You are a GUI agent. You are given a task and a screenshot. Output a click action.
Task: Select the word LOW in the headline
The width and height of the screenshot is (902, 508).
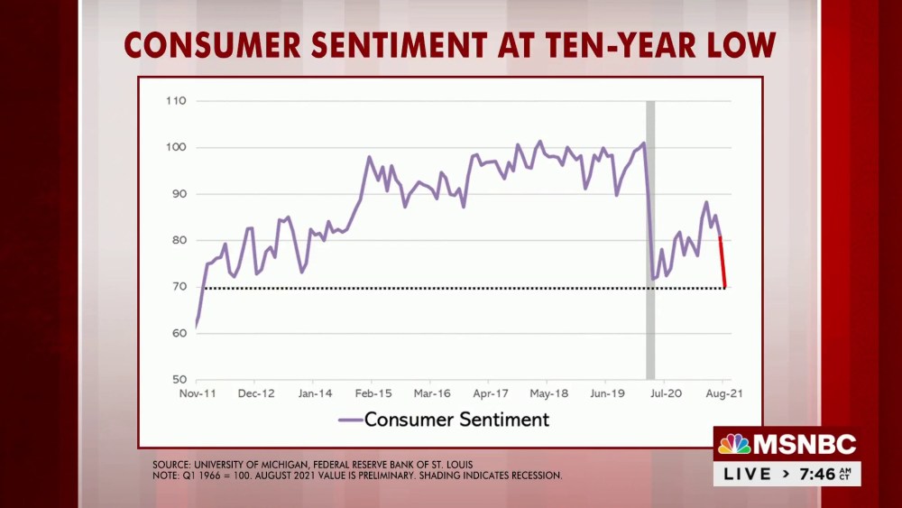(737, 45)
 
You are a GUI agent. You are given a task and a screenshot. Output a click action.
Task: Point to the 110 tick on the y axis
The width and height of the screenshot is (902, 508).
(176, 101)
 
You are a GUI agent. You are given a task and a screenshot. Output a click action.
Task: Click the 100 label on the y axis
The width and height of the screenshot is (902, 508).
(176, 147)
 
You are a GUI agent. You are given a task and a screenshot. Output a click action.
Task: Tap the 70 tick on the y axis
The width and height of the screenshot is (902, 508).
(178, 287)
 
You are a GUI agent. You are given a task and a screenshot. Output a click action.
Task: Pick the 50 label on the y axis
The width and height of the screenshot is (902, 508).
(178, 380)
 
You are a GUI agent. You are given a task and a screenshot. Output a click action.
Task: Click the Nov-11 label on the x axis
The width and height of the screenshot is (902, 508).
(198, 394)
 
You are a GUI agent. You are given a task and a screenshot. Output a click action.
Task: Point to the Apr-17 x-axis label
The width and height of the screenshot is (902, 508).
(492, 394)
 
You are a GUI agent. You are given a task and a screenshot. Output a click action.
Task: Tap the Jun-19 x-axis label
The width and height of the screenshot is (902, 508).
(608, 394)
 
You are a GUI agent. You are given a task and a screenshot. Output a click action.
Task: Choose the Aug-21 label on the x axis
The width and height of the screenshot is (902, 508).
(724, 394)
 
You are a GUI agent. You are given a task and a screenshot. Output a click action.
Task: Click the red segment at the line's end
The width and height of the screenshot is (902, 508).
(723, 262)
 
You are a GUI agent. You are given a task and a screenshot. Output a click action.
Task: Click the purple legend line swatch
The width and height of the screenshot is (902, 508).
(349, 420)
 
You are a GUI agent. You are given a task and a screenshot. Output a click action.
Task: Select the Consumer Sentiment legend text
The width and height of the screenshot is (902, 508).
(456, 420)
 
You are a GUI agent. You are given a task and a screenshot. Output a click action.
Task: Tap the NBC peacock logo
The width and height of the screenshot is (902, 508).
(734, 444)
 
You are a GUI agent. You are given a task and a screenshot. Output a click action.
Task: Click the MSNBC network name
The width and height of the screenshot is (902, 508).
(805, 444)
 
